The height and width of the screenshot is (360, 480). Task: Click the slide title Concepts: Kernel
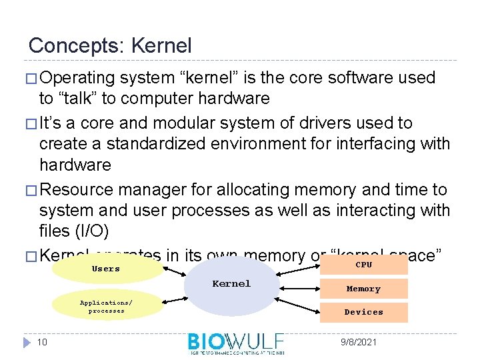click(x=110, y=46)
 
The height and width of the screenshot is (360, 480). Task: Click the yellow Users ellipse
click(x=107, y=269)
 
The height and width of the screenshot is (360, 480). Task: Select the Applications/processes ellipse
click(x=107, y=307)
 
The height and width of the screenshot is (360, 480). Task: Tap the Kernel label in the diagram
click(x=231, y=284)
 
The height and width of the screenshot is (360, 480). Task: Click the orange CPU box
click(x=364, y=265)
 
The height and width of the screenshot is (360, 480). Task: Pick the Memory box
click(x=363, y=289)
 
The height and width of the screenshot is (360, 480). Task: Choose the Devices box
click(x=363, y=312)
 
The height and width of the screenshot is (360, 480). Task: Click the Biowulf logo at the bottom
click(x=236, y=343)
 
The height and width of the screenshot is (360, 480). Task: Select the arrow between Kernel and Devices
click(x=297, y=301)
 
